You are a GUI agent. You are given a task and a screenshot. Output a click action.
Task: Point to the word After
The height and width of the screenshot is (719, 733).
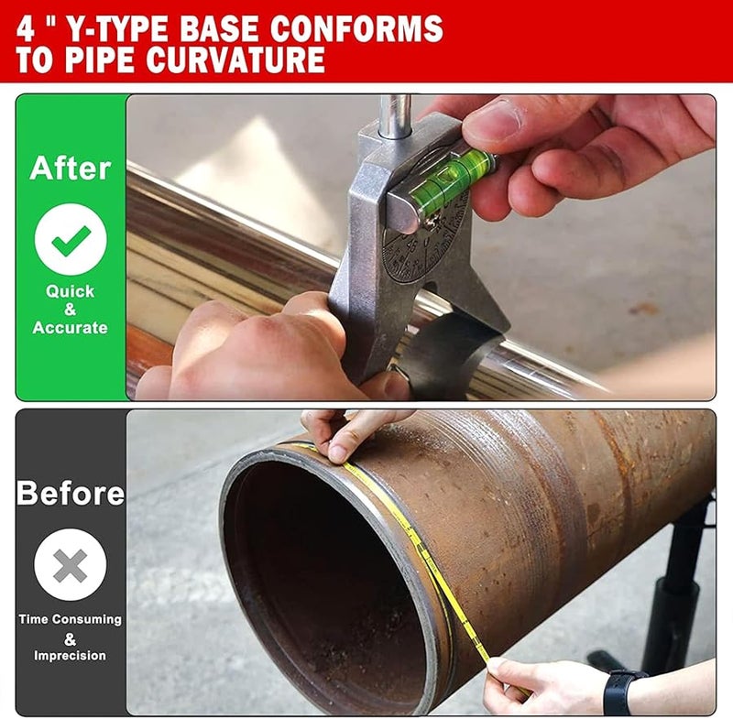71,169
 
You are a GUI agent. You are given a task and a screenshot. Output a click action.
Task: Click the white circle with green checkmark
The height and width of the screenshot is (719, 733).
71,241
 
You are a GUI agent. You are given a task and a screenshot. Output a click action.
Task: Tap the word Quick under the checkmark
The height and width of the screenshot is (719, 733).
71,291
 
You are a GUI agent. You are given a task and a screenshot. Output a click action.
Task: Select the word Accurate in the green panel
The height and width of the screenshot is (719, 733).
71,328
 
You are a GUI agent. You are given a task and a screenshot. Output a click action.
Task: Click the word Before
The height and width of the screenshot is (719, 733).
71,494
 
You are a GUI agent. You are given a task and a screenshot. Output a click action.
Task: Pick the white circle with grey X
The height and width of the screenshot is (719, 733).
71,566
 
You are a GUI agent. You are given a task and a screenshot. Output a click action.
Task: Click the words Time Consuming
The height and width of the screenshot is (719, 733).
71,619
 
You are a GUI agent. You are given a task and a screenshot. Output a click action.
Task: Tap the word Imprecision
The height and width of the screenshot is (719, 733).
71,656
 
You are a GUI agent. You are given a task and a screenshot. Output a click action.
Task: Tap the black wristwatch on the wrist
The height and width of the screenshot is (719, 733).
622,692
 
